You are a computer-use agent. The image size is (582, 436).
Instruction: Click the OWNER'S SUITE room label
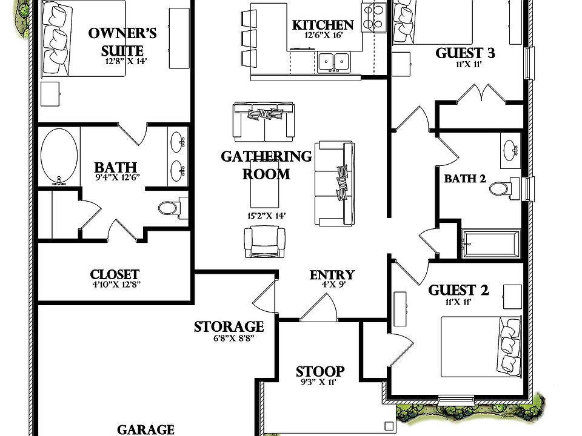[x=115, y=41]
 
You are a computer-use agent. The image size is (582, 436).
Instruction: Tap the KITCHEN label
[x=323, y=25]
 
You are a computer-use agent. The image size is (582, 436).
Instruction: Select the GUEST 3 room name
[x=466, y=53]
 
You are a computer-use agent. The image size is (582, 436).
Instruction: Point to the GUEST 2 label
[x=458, y=290]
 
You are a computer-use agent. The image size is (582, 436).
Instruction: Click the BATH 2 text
[x=465, y=179]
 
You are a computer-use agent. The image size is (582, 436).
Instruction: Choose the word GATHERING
[x=266, y=157]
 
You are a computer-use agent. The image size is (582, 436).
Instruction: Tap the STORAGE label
[x=229, y=328]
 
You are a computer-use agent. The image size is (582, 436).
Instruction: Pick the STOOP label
[x=320, y=371]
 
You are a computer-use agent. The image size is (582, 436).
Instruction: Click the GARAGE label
[x=145, y=429]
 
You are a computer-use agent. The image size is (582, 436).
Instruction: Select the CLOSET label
[x=115, y=275]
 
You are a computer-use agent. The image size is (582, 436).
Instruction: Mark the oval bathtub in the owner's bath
[x=59, y=156]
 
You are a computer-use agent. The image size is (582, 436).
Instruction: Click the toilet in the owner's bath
[x=169, y=208]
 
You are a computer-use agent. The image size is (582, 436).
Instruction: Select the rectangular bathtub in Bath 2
[x=490, y=243]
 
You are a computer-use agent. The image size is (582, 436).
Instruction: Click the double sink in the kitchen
[x=333, y=61]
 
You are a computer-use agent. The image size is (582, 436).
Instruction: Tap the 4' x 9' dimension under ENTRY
[x=332, y=285]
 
